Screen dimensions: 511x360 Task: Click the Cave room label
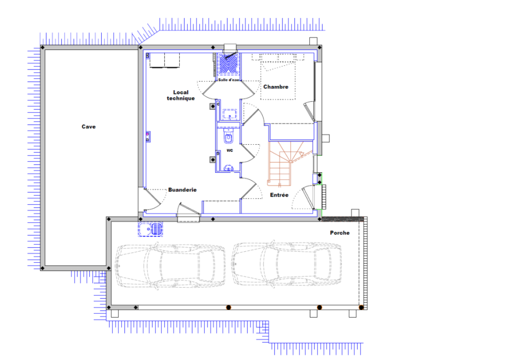point(89,127)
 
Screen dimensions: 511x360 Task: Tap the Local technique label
point(181,95)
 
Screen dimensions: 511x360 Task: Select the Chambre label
point(275,87)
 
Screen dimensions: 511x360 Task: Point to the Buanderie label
point(183,190)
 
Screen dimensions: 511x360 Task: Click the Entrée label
point(279,195)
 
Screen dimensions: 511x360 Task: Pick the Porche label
point(339,233)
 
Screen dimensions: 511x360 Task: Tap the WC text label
point(230,150)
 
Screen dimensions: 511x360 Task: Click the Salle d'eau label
point(229,80)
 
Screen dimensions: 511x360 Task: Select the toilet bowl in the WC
point(229,137)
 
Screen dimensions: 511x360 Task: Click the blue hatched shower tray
point(229,64)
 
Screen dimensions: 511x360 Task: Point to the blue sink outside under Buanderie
point(150,229)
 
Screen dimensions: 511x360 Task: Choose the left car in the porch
point(170,266)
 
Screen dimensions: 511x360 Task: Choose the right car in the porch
point(287,264)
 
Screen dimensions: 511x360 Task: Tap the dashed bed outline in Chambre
point(278,80)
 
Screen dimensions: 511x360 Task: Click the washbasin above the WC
point(230,114)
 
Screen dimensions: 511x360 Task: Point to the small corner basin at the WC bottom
point(229,168)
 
